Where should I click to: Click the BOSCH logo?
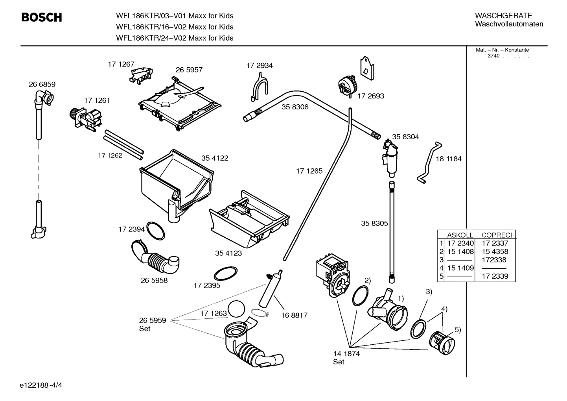click(x=41, y=17)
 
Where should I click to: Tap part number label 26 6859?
click(x=42, y=84)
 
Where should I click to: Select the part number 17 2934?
click(x=259, y=66)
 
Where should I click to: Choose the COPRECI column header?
click(x=496, y=235)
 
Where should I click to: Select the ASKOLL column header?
click(x=460, y=235)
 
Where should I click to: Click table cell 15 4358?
click(x=495, y=251)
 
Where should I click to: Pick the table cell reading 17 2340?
click(x=460, y=243)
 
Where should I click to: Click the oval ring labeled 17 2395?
click(x=226, y=272)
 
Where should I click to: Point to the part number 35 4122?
click(x=215, y=158)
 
